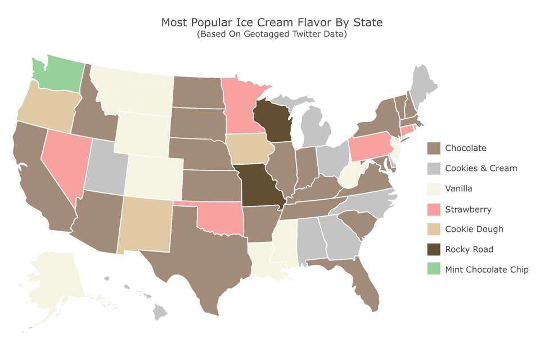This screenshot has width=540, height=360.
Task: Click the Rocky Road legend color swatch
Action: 434,249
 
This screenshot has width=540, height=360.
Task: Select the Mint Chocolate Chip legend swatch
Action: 434,269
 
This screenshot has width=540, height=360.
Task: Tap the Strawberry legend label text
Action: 468,209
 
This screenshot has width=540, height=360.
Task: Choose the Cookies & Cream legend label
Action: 480,168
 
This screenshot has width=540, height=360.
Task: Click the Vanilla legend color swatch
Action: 434,188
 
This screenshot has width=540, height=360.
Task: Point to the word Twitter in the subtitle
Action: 301,34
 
